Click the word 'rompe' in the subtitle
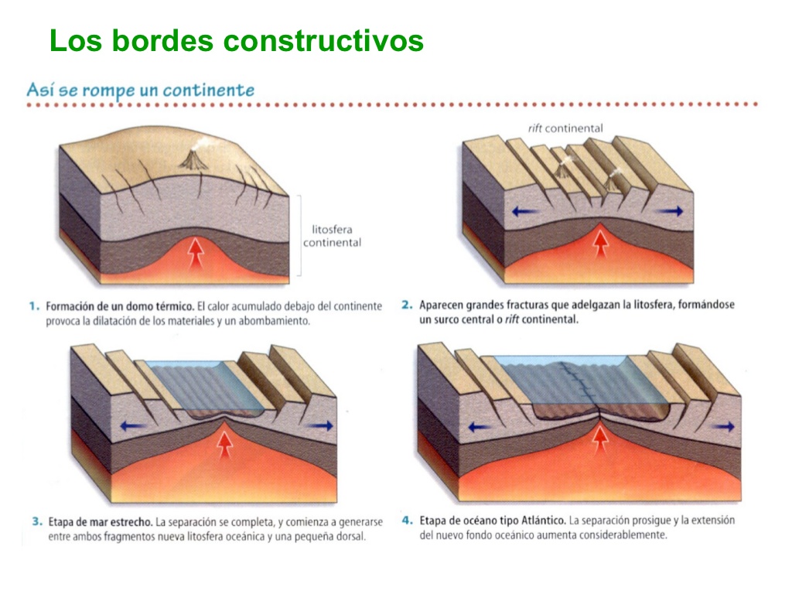click(x=108, y=90)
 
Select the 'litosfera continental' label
click(x=332, y=236)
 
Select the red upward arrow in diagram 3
click(x=225, y=444)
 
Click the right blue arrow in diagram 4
click(x=724, y=426)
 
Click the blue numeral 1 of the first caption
click(x=33, y=306)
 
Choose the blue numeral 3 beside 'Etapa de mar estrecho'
click(x=36, y=522)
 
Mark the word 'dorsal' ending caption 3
click(x=348, y=536)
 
